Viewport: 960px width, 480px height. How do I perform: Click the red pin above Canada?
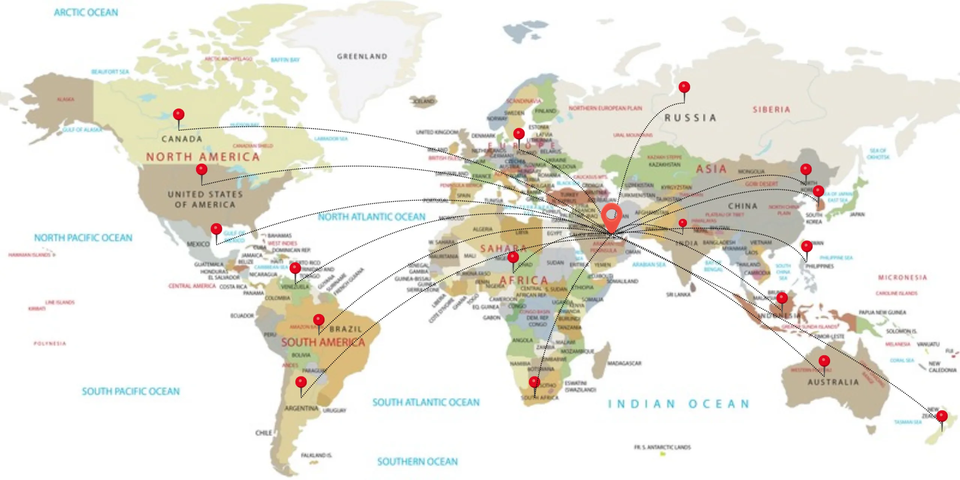(x=178, y=115)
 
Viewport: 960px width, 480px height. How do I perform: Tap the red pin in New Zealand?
(x=942, y=416)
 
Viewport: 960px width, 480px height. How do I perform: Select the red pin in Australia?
(x=824, y=361)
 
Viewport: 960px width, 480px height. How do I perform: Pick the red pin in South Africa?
(x=534, y=382)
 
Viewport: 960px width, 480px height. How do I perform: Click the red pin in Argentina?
(x=301, y=382)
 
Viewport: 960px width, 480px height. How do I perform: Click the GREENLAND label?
(x=362, y=57)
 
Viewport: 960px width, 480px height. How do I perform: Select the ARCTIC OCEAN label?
(x=86, y=12)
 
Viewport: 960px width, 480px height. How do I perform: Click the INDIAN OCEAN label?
(x=678, y=404)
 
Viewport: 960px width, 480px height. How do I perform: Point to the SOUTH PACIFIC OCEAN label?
(x=131, y=391)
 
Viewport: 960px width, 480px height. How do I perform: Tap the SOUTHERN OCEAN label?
(x=417, y=462)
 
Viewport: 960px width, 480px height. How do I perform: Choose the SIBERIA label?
(x=771, y=109)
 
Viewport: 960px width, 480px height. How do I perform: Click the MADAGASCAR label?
(x=624, y=363)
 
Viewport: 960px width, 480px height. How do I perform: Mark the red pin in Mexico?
(x=216, y=229)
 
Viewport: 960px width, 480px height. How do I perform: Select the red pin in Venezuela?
(x=295, y=268)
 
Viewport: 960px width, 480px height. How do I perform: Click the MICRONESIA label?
(x=902, y=277)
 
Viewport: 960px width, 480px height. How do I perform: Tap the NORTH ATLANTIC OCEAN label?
(x=372, y=217)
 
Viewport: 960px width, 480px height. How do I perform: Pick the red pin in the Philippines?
(x=807, y=247)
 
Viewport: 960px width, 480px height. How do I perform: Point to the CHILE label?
(x=264, y=433)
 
